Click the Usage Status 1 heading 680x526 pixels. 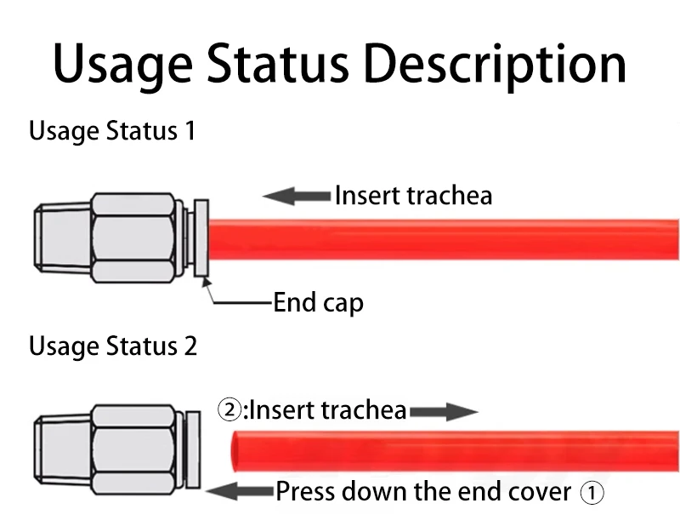click(x=112, y=132)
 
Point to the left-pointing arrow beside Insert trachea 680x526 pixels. click(x=296, y=197)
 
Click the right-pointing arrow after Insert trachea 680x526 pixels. click(x=444, y=413)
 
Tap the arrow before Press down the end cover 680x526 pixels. click(x=240, y=491)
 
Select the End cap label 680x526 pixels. click(x=318, y=302)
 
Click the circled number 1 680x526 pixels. click(x=592, y=492)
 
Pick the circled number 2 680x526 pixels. click(x=229, y=411)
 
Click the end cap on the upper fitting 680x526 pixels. click(x=201, y=238)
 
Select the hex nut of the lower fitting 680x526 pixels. click(x=135, y=448)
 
